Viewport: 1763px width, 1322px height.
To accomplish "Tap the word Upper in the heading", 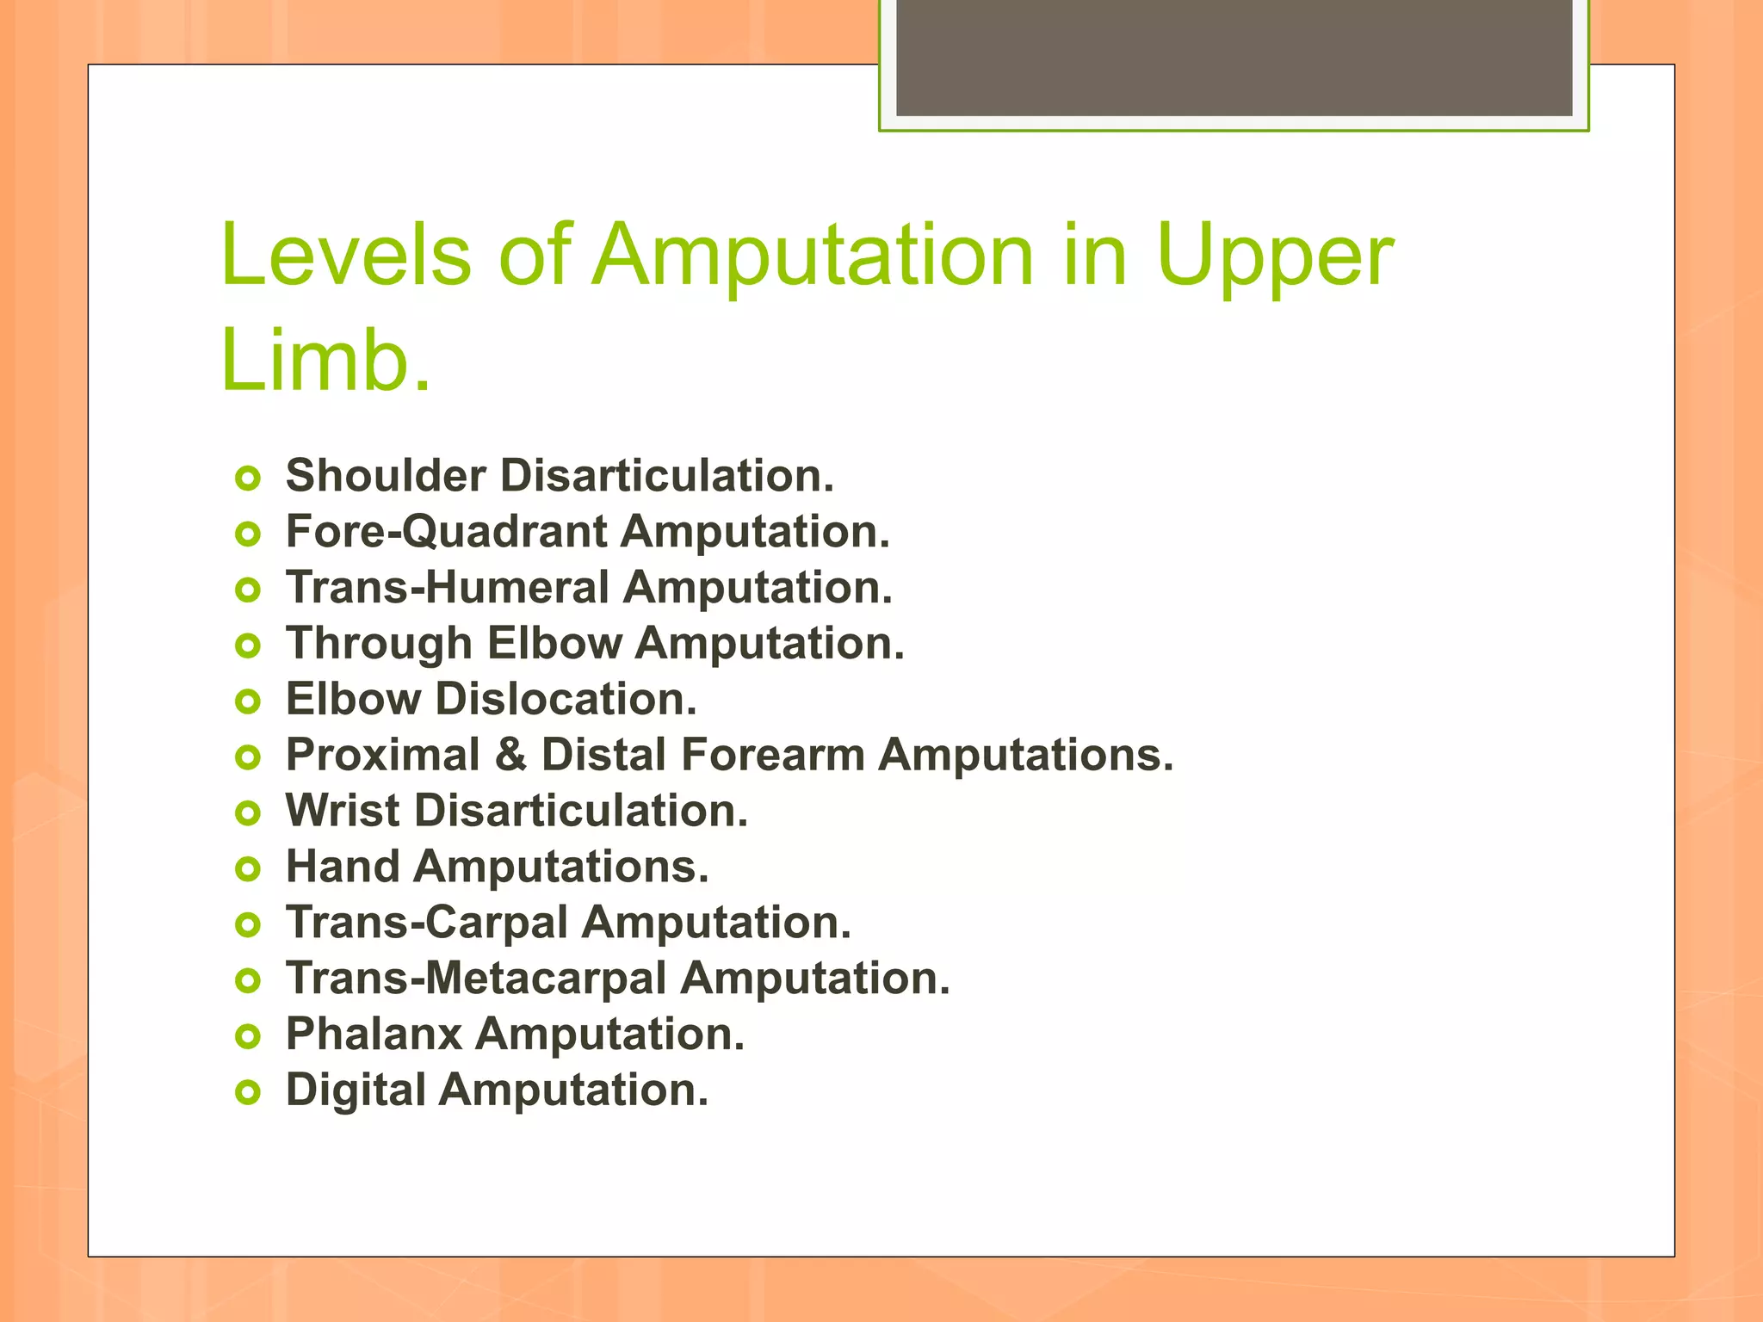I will pyautogui.click(x=1274, y=256).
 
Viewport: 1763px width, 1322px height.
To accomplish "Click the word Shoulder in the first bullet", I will pyautogui.click(x=386, y=475).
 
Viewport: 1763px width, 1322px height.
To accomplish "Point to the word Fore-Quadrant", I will pyautogui.click(x=447, y=532).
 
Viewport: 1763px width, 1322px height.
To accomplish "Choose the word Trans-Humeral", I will pyautogui.click(x=448, y=587).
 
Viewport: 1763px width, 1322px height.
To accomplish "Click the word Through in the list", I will pyautogui.click(x=379, y=644).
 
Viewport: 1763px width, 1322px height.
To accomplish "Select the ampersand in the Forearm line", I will pyautogui.click(x=510, y=755).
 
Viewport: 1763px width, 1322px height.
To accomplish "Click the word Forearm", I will pyautogui.click(x=772, y=755).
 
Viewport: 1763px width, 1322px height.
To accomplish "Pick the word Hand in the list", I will pyautogui.click(x=343, y=867).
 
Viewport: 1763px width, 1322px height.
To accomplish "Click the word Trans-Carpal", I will pyautogui.click(x=427, y=923).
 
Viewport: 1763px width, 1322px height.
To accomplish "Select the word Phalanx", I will pyautogui.click(x=374, y=1035).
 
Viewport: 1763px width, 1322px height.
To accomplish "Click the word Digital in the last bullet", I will pyautogui.click(x=356, y=1090).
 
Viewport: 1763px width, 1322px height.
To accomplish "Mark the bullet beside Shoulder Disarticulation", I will pyautogui.click(x=248, y=478).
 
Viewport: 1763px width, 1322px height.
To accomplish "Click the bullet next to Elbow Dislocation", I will pyautogui.click(x=248, y=701).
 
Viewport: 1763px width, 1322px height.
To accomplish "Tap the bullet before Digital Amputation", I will pyautogui.click(x=248, y=1093).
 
